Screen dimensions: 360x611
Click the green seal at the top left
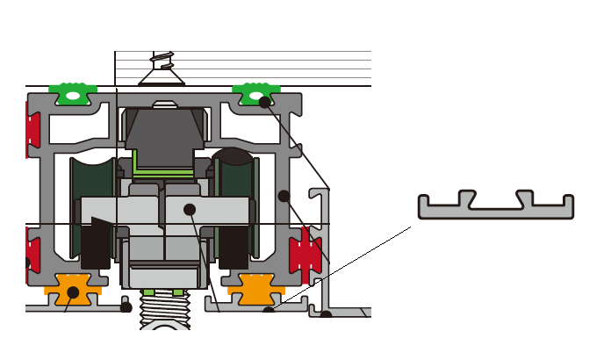tap(74, 92)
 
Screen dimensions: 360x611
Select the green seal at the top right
tap(255, 91)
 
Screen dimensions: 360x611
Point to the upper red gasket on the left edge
tap(32, 125)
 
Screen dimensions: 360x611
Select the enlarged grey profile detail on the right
tap(496, 205)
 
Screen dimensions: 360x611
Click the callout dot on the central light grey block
tap(189, 209)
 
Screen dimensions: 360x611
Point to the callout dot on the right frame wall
tap(284, 195)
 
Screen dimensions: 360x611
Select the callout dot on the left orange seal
tap(73, 292)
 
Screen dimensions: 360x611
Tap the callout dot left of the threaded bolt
tap(126, 307)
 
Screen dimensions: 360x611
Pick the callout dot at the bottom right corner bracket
tap(326, 313)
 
